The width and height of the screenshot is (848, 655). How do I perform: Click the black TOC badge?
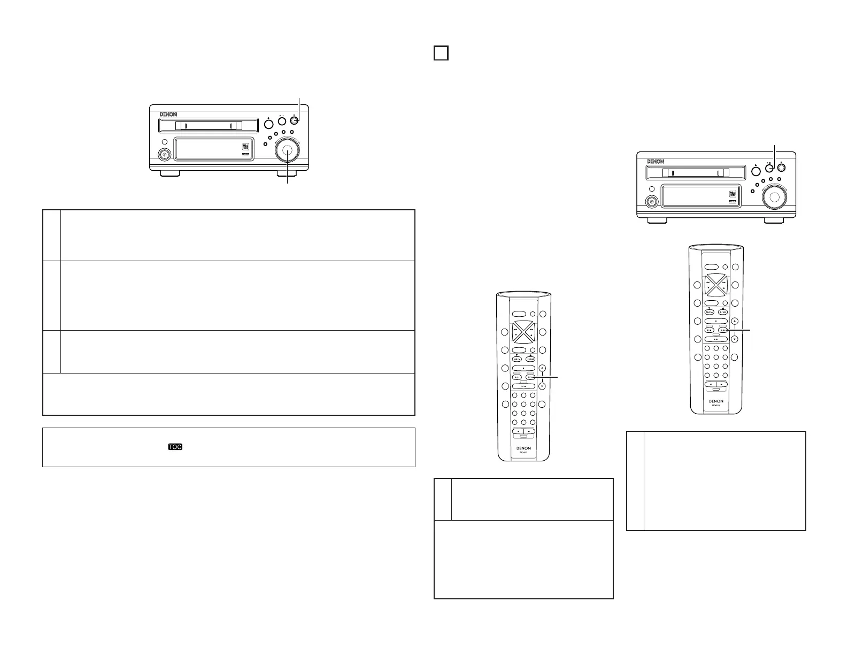click(x=175, y=446)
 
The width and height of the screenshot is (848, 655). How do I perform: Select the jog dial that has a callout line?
click(x=288, y=152)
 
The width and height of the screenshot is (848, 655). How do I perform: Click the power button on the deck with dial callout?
click(x=165, y=155)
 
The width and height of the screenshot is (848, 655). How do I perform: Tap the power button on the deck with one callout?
click(x=652, y=202)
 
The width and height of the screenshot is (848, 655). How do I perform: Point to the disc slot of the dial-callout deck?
click(x=209, y=126)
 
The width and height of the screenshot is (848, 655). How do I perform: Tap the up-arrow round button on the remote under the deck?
click(x=735, y=321)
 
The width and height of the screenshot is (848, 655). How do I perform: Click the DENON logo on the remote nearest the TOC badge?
click(x=523, y=447)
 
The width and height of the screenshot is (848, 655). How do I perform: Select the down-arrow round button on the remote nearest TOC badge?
click(x=542, y=385)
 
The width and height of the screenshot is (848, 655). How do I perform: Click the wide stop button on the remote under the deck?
click(x=716, y=321)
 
